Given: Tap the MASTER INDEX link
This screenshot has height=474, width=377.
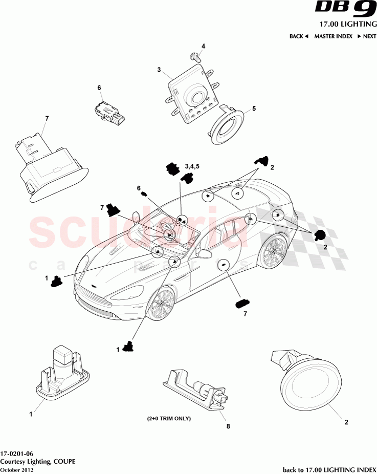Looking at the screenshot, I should click(x=333, y=36).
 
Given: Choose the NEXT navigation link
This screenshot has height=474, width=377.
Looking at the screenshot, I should click(x=367, y=36).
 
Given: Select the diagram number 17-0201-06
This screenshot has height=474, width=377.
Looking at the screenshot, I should click(x=17, y=454).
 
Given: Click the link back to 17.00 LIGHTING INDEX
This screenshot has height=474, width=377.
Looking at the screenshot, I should click(x=329, y=469).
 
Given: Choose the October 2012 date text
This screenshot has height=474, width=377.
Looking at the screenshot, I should click(x=17, y=469).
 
